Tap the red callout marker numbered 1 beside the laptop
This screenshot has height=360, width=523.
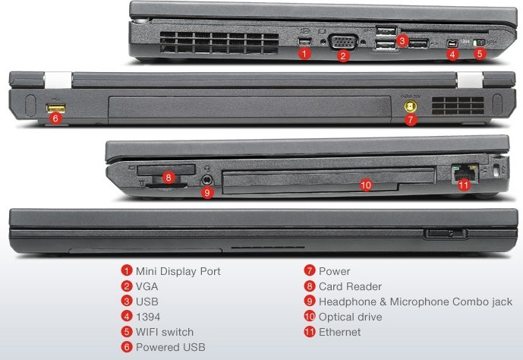click(x=304, y=54)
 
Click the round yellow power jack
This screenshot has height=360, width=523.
click(x=411, y=107)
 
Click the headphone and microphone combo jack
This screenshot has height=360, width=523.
click(x=208, y=179)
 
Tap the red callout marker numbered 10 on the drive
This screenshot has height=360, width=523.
click(x=365, y=185)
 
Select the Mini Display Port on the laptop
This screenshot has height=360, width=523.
click(x=304, y=39)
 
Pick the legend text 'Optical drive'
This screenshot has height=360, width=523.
click(x=350, y=317)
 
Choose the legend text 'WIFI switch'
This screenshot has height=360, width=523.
click(x=165, y=332)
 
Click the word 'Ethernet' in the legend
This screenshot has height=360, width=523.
click(x=339, y=332)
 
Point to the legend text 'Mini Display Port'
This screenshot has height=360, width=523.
click(x=178, y=270)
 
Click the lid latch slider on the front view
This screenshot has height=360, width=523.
click(x=447, y=232)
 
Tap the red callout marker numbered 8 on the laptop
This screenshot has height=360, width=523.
click(x=169, y=178)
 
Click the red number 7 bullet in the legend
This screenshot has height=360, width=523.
click(x=310, y=270)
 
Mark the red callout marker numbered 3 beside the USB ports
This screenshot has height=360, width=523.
click(x=402, y=40)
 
